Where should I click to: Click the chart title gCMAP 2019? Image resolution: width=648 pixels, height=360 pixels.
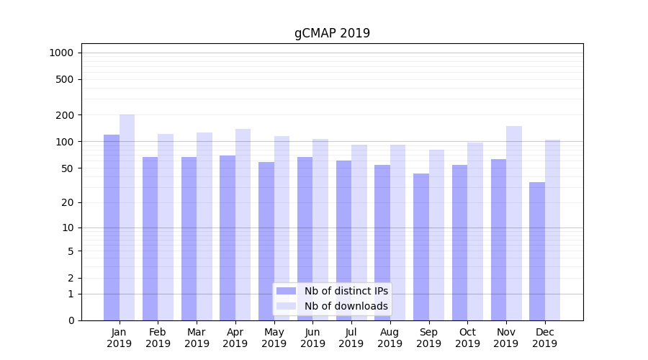coord(332,33)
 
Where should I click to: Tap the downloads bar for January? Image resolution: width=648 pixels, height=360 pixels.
coord(127,216)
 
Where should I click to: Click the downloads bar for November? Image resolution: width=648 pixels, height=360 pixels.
coord(514,222)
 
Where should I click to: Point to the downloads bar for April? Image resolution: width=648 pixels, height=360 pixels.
coord(243,224)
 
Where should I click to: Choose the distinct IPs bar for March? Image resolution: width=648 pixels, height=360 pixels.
coord(189,238)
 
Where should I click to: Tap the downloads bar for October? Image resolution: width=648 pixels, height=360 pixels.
coord(475,230)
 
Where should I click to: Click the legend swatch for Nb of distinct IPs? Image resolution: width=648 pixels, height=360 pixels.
coord(286,291)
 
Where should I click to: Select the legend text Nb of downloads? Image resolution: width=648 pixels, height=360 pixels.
coord(346,306)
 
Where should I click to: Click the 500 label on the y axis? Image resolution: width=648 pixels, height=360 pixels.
coord(66,79)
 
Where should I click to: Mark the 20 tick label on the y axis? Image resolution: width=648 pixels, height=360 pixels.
coord(68,202)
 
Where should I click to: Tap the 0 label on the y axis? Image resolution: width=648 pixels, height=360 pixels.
coord(71,320)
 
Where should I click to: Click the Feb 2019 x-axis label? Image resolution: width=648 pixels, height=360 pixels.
coord(158,338)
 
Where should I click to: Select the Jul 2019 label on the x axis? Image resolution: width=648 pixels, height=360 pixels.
coord(351,338)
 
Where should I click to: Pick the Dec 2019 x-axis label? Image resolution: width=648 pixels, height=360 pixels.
coord(544,338)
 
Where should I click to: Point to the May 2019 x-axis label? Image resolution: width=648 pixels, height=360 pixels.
coord(274,338)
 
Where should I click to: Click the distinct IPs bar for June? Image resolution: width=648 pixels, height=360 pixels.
coord(305,238)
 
